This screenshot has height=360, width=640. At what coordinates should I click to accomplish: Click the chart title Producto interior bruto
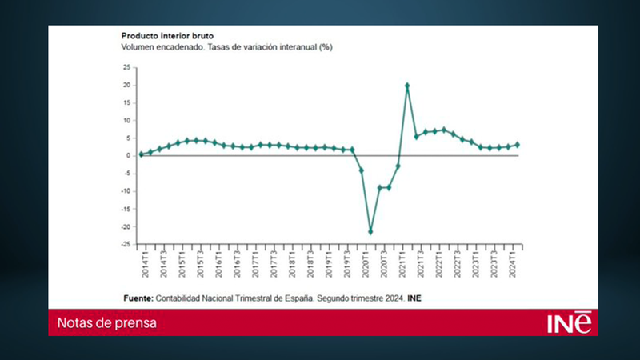[166, 36]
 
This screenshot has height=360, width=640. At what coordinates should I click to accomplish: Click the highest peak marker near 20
[407, 85]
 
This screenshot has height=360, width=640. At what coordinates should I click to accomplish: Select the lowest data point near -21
[370, 232]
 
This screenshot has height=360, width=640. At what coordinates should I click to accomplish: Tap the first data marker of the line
[141, 154]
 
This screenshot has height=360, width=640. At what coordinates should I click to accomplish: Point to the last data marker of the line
[518, 145]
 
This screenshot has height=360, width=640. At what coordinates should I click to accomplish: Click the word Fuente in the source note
[141, 298]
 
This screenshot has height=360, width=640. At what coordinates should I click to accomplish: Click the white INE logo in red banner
[569, 322]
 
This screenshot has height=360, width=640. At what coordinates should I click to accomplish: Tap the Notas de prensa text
[106, 323]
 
